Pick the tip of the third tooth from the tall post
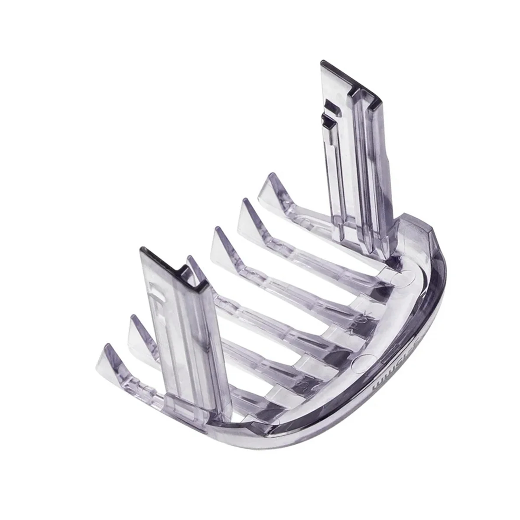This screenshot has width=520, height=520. [216, 230]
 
